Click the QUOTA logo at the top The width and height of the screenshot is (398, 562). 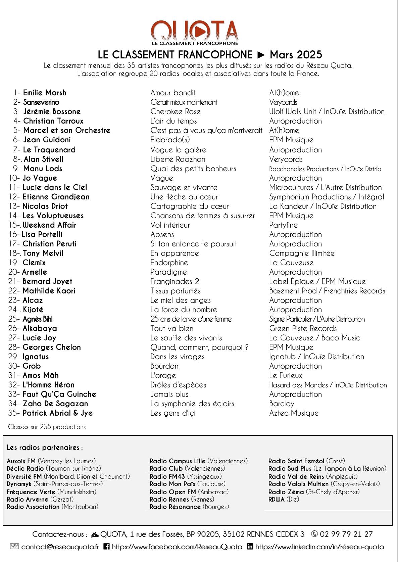pyautogui.click(x=195, y=33)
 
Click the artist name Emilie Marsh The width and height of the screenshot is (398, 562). pyautogui.click(x=45, y=93)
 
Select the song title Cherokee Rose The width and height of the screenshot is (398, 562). pyautogui.click(x=176, y=111)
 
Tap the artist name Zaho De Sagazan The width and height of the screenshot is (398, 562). pyautogui.click(x=55, y=404)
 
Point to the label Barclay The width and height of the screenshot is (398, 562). pyautogui.click(x=282, y=404)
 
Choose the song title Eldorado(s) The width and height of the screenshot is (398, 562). pyautogui.click(x=170, y=140)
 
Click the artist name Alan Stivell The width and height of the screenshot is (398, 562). pyautogui.click(x=43, y=159)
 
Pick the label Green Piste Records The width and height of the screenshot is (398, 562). pyautogui.click(x=303, y=328)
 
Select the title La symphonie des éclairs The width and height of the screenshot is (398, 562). pyautogui.click(x=192, y=404)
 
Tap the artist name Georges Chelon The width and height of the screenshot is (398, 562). pyautogui.click(x=52, y=347)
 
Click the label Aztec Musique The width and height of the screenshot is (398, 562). pyautogui.click(x=294, y=413)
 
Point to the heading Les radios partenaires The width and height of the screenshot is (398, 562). pyautogui.click(x=44, y=448)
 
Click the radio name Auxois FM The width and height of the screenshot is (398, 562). pyautogui.click(x=21, y=461)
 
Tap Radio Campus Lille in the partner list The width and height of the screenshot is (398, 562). pyautogui.click(x=178, y=461)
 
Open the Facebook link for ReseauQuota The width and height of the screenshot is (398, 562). pyautogui.click(x=177, y=547)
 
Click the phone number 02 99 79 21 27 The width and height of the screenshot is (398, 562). pyautogui.click(x=346, y=534)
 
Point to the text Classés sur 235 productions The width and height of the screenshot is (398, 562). pyautogui.click(x=47, y=427)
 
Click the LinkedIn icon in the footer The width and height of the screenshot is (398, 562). pyautogui.click(x=250, y=547)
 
